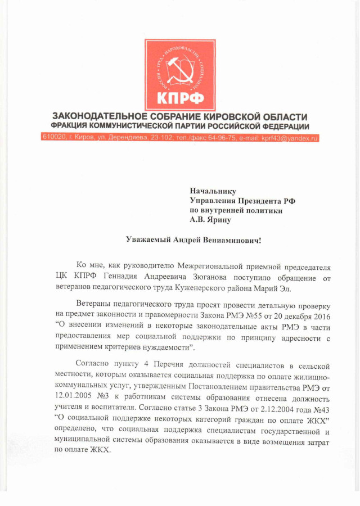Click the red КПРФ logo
point(180,74)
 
